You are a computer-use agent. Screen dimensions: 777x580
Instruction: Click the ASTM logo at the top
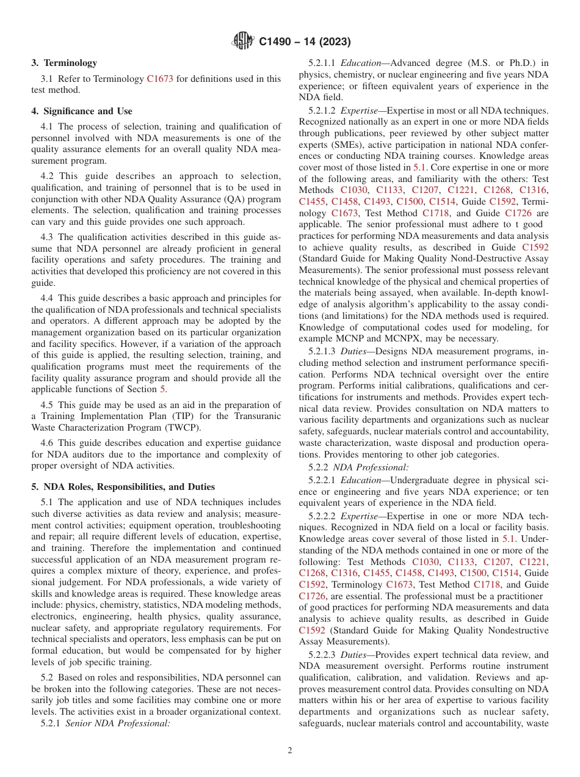[x=244, y=42]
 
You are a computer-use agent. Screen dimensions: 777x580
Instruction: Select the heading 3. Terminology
[x=64, y=63]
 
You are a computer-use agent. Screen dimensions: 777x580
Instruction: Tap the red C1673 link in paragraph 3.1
[x=160, y=79]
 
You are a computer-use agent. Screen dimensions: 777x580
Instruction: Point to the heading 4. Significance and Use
[x=82, y=111]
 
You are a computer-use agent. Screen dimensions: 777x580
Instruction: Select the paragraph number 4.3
[x=48, y=237]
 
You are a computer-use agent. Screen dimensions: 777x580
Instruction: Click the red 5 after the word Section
[x=162, y=388]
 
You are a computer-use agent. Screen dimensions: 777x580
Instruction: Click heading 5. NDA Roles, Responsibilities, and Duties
[x=123, y=487]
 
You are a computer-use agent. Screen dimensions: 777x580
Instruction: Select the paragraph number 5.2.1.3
[x=322, y=352]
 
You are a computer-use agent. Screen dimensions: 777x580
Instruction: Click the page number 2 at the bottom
[x=290, y=751]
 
